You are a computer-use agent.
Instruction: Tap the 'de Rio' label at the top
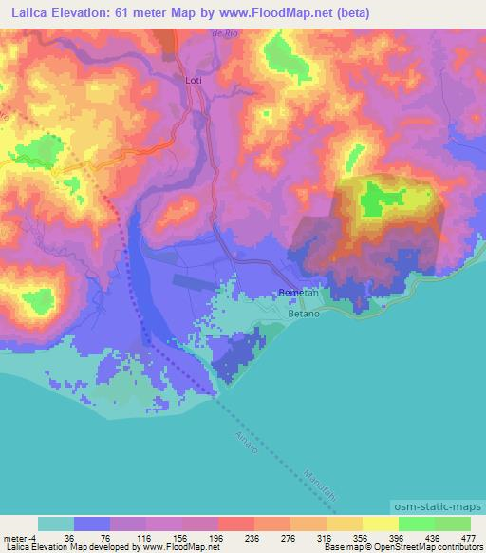coord(222,33)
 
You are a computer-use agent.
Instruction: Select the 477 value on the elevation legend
coord(468,537)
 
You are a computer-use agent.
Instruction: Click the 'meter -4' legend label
coord(18,537)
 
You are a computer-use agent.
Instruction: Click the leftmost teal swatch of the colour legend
coord(56,524)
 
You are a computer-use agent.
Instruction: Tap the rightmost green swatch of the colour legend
coord(452,524)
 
